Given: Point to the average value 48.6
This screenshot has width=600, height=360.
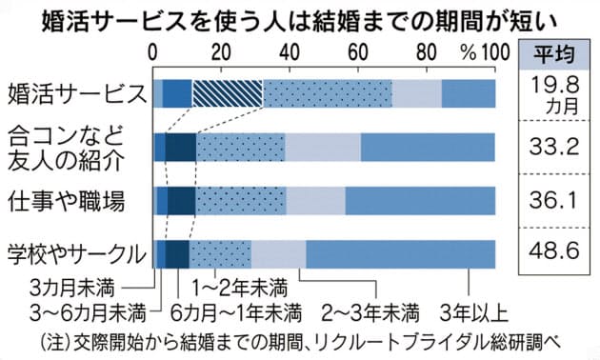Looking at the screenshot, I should tap(554, 253).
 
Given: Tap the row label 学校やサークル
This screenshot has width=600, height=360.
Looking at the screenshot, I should tap(75, 254).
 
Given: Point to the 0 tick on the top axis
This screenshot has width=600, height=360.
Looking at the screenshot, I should tap(156, 51).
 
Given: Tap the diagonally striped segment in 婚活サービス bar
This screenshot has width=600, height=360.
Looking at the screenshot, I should tap(228, 93).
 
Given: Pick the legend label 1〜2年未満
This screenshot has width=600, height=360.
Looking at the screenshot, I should tap(238, 286).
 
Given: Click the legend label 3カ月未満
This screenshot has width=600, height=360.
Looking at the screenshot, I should tap(70, 286).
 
